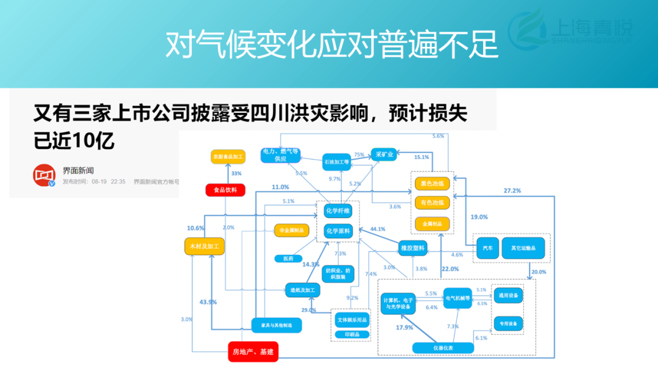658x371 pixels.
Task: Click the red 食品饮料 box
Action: [x=225, y=190]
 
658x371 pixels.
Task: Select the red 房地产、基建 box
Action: [x=253, y=351]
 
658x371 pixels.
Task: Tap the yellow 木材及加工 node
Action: [x=205, y=246]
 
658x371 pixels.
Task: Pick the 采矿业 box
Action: [x=384, y=155]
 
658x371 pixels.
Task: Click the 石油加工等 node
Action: [x=337, y=162]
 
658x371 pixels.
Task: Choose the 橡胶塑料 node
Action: [x=413, y=248]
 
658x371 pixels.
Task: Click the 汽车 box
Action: [x=488, y=248]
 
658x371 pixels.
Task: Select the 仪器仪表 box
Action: [x=443, y=348]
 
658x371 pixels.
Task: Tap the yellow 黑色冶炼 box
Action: [x=433, y=183]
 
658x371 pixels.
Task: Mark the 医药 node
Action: [x=288, y=259]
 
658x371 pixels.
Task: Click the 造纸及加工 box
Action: [x=303, y=290]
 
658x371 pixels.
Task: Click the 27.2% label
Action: [x=512, y=190]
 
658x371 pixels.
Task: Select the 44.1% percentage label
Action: [x=378, y=229]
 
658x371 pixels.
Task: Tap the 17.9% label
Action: [x=405, y=328]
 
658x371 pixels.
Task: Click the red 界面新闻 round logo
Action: [x=44, y=176]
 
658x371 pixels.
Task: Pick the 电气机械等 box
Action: [x=458, y=298]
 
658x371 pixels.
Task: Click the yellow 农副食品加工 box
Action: [x=227, y=157]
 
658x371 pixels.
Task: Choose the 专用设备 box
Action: [x=508, y=323]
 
